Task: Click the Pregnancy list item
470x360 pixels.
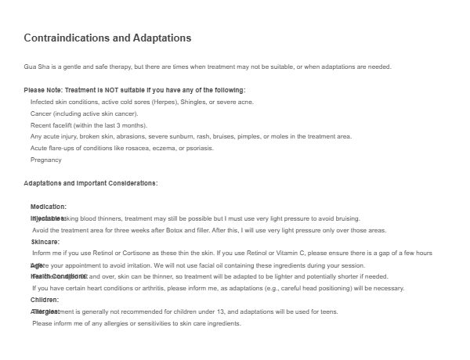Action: point(45,160)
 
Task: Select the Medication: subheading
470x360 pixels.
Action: point(49,207)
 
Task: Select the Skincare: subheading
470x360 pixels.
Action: point(45,242)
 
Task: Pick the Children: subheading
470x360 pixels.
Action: point(45,300)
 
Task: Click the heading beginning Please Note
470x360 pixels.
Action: point(135,90)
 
